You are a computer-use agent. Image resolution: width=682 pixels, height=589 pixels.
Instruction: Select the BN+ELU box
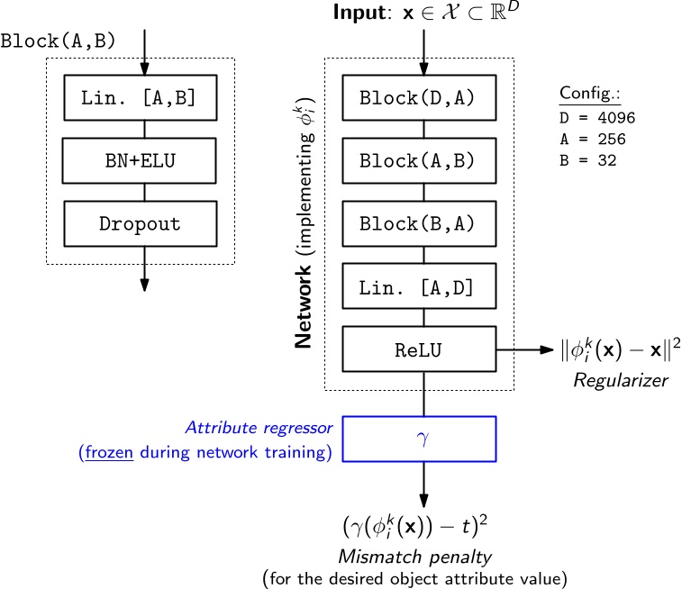[x=140, y=161]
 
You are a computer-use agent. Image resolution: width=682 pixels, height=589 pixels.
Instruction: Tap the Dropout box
[x=140, y=223]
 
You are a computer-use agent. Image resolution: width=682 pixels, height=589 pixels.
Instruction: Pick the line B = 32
[x=586, y=160]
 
